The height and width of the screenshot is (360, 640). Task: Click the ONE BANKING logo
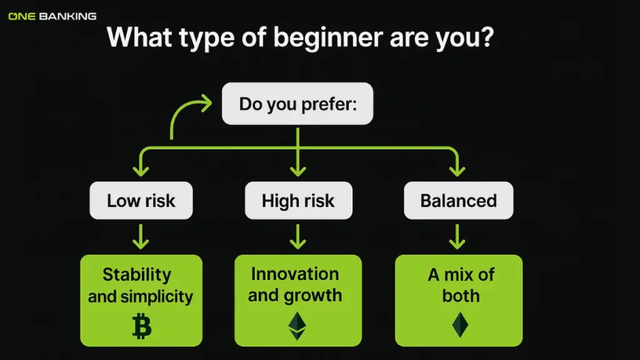52,16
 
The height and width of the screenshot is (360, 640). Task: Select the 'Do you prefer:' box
297,103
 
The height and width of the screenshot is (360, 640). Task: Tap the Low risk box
141,201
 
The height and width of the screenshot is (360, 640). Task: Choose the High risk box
298,201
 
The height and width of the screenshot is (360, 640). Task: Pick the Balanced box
458,201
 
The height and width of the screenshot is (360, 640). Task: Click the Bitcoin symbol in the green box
142,326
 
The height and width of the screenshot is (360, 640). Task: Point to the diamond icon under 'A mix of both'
460,325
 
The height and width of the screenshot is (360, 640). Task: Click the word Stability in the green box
137,274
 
